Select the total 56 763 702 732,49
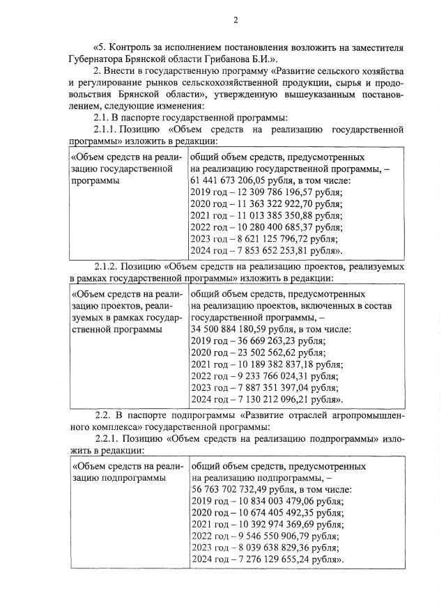coord(231,489)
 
